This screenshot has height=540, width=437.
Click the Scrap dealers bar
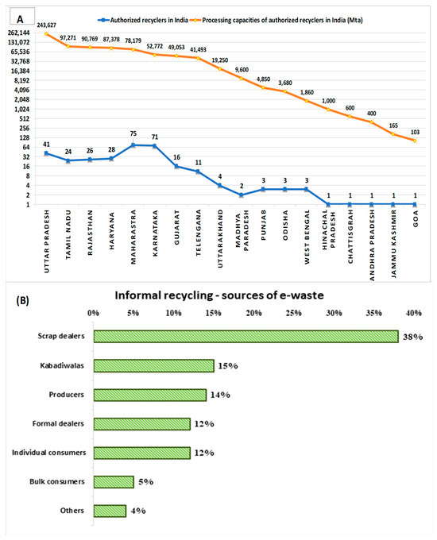pos(246,336)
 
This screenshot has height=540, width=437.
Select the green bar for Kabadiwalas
pos(153,365)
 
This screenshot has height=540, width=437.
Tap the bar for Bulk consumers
pos(114,481)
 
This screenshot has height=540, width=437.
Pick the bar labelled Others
pos(110,510)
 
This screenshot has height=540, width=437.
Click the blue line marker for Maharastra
pos(133,145)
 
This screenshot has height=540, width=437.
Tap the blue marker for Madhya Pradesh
pos(241,195)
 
